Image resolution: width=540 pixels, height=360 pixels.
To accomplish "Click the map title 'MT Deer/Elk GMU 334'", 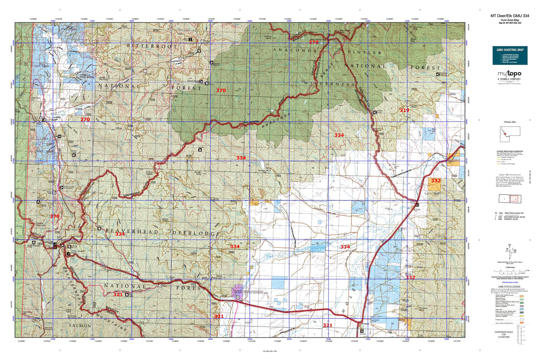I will click(x=510, y=16).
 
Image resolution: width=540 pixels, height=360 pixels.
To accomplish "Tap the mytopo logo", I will click(x=510, y=75).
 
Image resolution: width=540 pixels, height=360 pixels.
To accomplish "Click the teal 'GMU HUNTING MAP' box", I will click(x=510, y=55).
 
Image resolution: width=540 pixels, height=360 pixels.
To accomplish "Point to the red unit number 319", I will click(x=404, y=110).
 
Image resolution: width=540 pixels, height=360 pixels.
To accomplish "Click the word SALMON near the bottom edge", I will click(x=80, y=326).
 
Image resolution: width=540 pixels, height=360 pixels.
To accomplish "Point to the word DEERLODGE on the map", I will click(x=196, y=233).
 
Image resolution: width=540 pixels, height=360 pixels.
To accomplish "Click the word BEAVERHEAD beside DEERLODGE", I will click(x=132, y=231).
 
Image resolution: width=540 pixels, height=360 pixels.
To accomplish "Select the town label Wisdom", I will click(x=365, y=324).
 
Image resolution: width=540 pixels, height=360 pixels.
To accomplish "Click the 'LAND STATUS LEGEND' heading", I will click(x=510, y=286).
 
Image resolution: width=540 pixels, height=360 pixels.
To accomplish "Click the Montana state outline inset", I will click(x=510, y=134).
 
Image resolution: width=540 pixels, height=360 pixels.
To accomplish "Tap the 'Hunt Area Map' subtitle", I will click(x=510, y=20).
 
